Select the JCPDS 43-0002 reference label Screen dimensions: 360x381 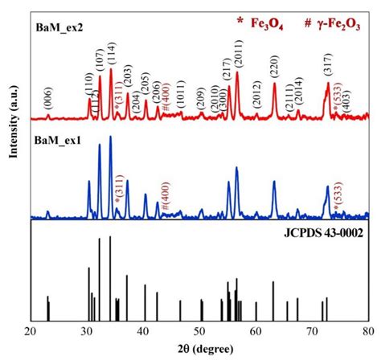click(318, 234)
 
